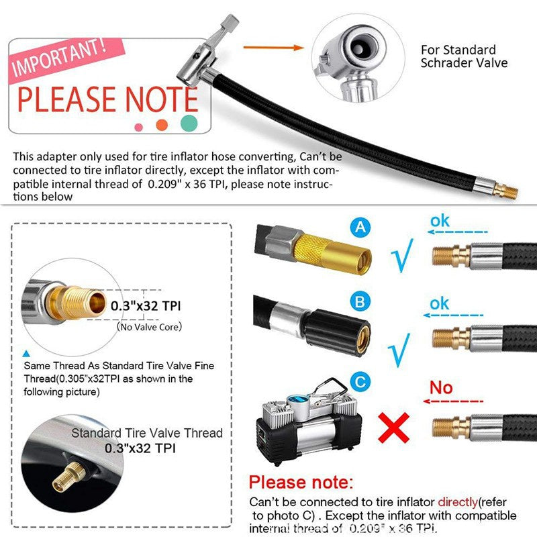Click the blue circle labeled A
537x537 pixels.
[x=362, y=229]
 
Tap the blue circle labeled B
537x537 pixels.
[x=362, y=302]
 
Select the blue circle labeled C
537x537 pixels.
[x=362, y=383]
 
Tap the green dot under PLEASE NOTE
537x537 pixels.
[x=189, y=123]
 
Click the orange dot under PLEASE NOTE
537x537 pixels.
[x=162, y=125]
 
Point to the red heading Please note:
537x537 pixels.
[x=300, y=481]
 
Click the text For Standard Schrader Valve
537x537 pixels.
[x=464, y=56]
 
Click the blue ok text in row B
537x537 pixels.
[x=440, y=303]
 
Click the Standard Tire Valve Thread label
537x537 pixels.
[x=146, y=433]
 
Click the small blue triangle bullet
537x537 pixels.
[x=26, y=352]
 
